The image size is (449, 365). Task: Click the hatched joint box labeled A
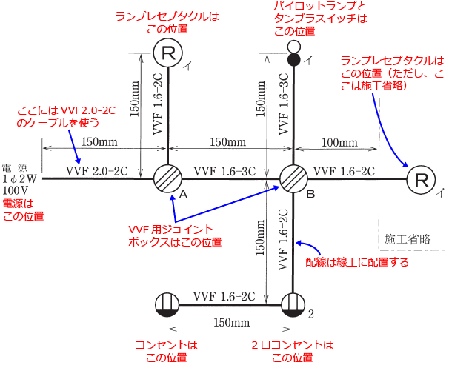point(167,178)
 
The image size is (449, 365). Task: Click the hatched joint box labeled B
point(293,178)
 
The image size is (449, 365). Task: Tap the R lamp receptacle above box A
point(168,53)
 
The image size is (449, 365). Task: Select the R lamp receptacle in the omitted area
point(421,180)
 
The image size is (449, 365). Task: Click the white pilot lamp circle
point(294,46)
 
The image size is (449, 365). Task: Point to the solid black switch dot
point(294,60)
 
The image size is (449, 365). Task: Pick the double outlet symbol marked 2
point(293,305)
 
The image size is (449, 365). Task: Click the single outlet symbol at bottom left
point(167,305)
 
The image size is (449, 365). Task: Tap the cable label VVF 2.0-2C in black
point(97,171)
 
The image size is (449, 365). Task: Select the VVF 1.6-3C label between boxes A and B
point(224,171)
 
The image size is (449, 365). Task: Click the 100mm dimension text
point(339,142)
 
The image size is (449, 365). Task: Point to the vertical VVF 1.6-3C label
point(284,104)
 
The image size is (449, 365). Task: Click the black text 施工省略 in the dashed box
point(408,239)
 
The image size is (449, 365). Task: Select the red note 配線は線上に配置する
point(357,262)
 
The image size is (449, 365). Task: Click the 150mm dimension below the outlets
point(232,322)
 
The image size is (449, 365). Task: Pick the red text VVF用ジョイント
point(171,230)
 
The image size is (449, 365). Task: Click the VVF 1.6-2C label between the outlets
point(224,296)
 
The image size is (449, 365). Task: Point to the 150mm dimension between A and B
point(228,142)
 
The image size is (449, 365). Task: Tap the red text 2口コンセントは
point(293,345)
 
